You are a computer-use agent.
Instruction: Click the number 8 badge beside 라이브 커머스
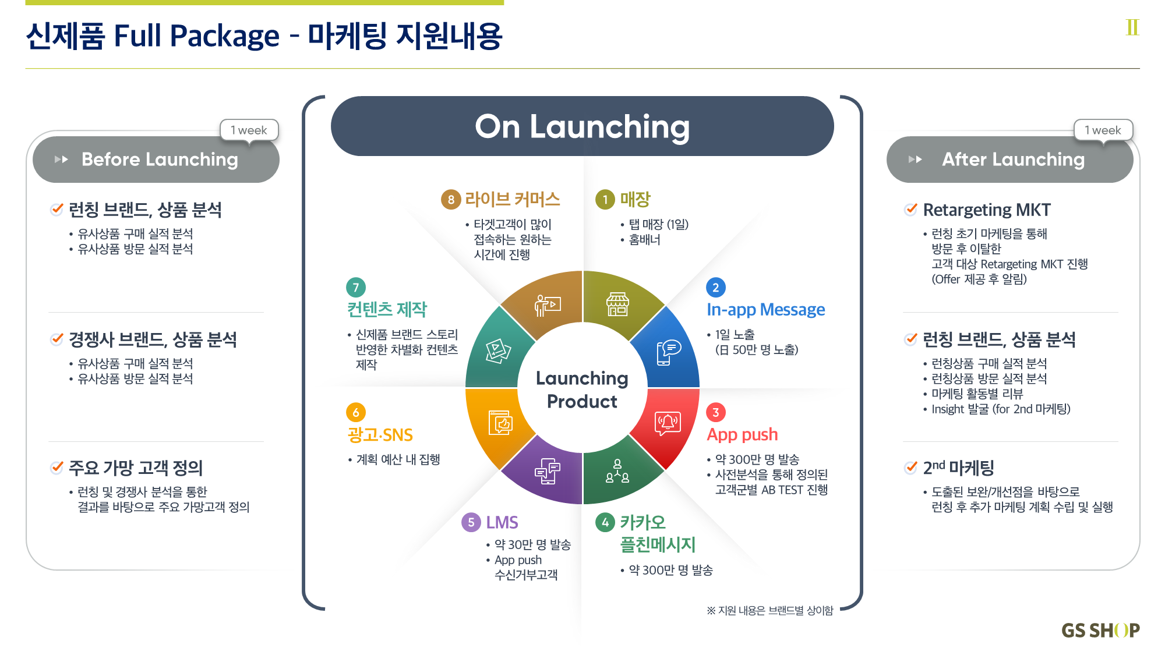[451, 200]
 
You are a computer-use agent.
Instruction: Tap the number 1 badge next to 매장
[605, 200]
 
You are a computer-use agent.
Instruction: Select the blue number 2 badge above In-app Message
[716, 288]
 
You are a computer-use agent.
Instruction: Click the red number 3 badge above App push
[716, 413]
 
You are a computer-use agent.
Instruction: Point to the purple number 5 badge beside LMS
[471, 522]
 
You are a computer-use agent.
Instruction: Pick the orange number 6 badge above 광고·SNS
[356, 413]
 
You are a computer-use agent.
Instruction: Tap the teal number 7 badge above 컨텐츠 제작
[356, 288]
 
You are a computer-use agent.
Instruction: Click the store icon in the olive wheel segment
[617, 304]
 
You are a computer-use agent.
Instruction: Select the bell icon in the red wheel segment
[668, 423]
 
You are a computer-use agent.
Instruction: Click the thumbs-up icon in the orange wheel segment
[501, 423]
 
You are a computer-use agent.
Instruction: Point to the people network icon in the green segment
[617, 471]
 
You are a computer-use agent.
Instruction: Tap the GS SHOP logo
[1100, 631]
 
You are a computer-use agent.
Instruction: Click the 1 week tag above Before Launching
[249, 130]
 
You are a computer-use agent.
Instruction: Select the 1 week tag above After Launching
[1103, 130]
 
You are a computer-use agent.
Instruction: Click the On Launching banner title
[582, 127]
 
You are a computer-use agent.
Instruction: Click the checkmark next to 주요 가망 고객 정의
[57, 467]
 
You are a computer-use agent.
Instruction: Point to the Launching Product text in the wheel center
[582, 390]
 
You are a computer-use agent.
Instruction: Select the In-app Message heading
[765, 310]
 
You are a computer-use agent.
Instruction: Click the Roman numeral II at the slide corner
[1132, 27]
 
